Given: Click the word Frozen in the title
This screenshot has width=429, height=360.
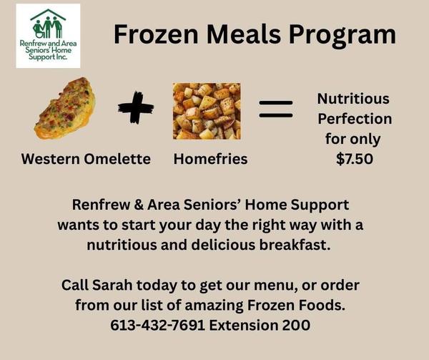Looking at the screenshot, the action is [156, 34].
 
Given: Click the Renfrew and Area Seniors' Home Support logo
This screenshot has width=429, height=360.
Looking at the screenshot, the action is [48, 36].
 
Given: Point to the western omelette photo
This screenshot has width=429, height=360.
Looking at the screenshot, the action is [65, 108].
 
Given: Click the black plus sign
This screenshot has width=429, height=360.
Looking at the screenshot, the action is [136, 107].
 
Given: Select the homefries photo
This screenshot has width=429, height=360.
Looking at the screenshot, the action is [207, 111].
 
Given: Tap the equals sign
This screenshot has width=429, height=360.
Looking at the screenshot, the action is [276, 109].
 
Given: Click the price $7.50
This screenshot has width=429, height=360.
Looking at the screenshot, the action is [355, 159].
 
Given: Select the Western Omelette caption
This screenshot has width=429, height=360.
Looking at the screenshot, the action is [86, 159].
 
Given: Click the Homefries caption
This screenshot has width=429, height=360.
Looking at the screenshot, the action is [210, 159].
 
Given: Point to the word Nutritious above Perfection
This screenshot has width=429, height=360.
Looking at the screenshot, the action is [353, 99].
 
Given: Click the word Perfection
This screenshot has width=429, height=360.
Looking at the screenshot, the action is [355, 119].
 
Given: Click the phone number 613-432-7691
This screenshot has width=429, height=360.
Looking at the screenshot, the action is [158, 325].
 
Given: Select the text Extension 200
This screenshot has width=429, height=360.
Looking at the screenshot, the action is [260, 325].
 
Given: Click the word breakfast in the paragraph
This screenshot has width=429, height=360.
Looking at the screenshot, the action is [295, 245].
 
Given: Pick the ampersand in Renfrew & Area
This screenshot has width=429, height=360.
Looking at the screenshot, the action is [139, 205].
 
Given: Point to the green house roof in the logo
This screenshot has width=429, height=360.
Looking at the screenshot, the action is [48, 15].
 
